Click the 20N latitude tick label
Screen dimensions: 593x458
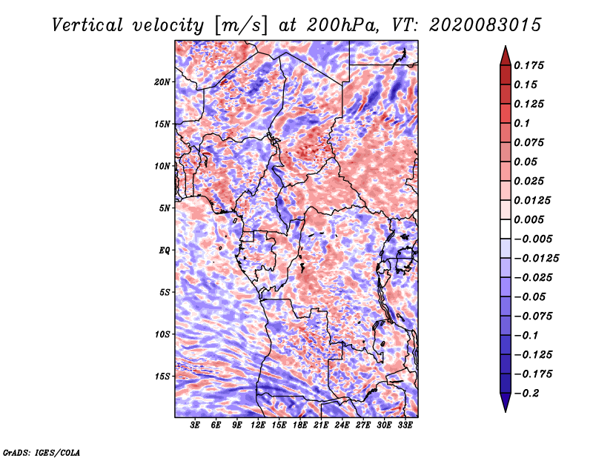[162, 82]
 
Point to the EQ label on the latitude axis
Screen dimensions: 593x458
[164, 250]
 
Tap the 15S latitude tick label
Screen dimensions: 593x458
[162, 376]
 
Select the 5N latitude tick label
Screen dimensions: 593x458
[165, 208]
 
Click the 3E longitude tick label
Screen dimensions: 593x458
[195, 425]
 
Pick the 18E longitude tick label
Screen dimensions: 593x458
[300, 425]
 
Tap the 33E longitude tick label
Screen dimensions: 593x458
[405, 425]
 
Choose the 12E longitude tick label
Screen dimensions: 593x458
[258, 425]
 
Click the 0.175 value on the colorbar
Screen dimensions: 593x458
[529, 65]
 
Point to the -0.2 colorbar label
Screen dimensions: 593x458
[526, 394]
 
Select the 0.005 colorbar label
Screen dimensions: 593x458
[529, 219]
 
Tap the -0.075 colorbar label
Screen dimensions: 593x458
[533, 316]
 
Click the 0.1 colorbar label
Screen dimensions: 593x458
[522, 123]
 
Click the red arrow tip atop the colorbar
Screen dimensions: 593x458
[506, 46]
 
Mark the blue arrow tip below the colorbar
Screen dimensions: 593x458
[506, 411]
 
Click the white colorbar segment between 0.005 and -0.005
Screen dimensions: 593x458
[506, 229]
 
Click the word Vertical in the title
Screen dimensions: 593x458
[87, 25]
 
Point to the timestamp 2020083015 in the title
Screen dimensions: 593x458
[486, 25]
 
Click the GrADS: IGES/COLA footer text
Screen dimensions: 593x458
[42, 453]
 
